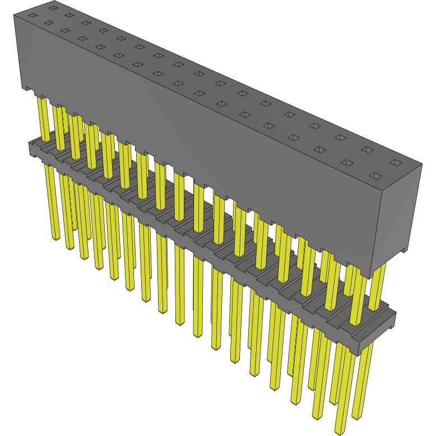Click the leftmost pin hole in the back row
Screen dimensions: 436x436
tap(53, 8)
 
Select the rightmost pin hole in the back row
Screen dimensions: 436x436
tap(395, 163)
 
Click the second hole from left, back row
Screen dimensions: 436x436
tap(69, 16)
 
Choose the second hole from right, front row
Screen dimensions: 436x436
tap(346, 163)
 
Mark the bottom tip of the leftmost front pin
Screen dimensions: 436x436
tap(55, 238)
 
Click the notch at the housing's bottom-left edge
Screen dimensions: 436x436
tap(27, 89)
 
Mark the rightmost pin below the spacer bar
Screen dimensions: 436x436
tap(359, 381)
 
